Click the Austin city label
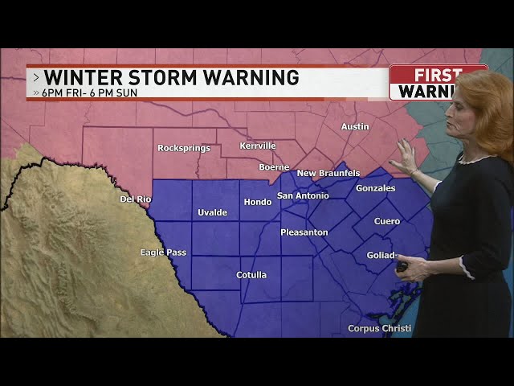[x=355, y=126]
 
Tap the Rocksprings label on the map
[x=184, y=148]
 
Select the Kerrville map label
[x=258, y=146]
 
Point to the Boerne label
[x=274, y=167]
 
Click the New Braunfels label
[x=328, y=173]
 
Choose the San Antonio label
[x=303, y=195]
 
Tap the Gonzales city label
[x=376, y=188]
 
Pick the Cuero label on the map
[x=387, y=221]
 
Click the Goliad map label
[x=381, y=255]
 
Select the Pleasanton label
[x=304, y=232]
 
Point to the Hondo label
[x=258, y=202]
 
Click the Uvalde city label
[x=213, y=212]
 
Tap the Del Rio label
[x=136, y=199]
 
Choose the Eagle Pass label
[x=163, y=253]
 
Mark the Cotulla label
[x=251, y=275]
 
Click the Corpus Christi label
[x=379, y=328]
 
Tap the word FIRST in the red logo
[x=439, y=74]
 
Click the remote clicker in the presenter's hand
[x=402, y=265]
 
